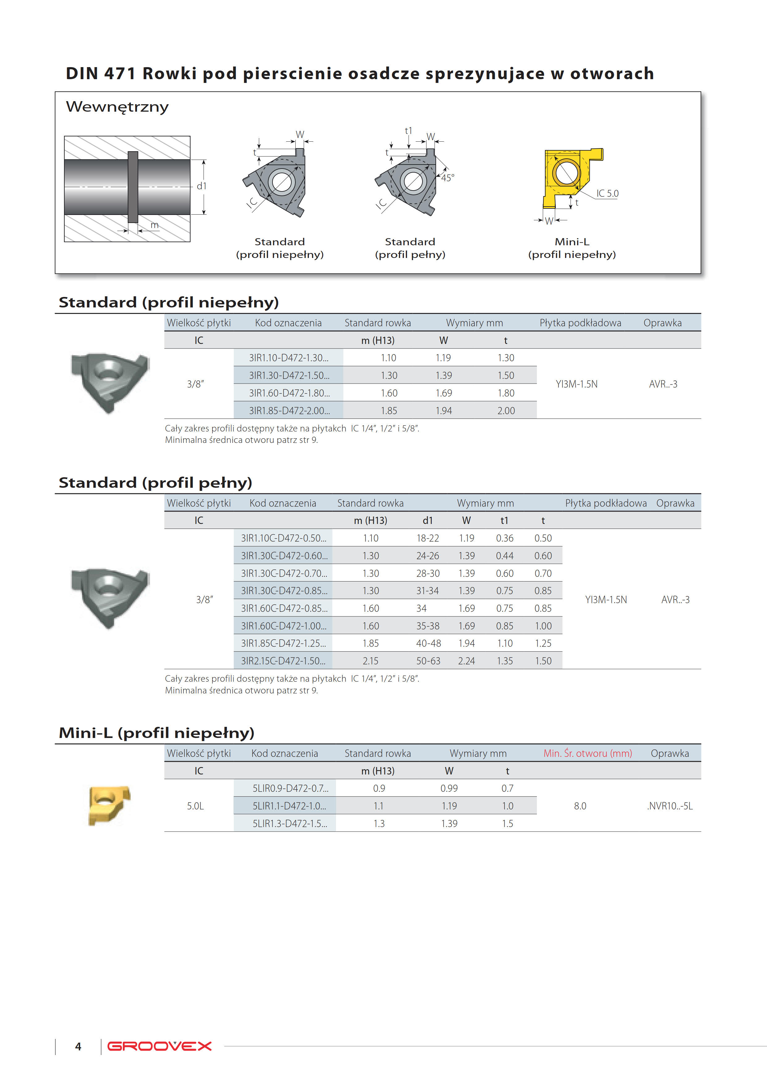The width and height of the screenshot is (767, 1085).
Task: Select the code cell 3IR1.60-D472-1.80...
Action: click(x=289, y=393)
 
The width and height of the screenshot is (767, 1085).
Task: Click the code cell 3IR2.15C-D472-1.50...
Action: click(x=283, y=661)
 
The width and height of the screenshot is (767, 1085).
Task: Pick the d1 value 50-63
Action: click(x=428, y=661)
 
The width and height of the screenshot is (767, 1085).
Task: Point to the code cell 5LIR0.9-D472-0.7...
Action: click(x=290, y=788)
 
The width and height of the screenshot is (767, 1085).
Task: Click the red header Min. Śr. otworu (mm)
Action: click(x=587, y=753)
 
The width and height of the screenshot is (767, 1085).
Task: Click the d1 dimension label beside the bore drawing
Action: click(x=202, y=186)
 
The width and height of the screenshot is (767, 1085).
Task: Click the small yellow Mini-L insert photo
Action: click(x=109, y=805)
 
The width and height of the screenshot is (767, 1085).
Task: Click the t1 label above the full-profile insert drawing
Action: click(x=408, y=131)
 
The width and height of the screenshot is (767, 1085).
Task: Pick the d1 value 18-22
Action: click(x=428, y=538)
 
